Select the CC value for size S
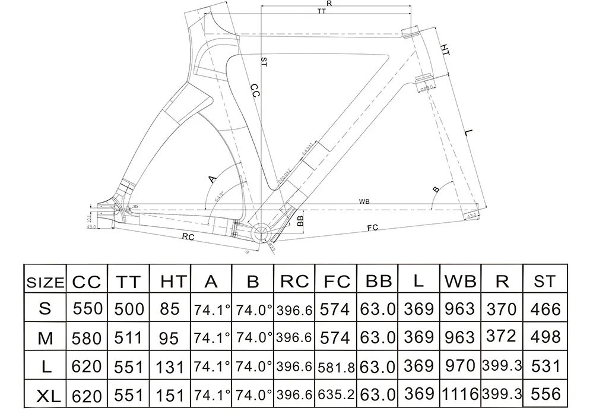(88, 309)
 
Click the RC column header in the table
(294, 281)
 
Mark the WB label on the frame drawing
(364, 201)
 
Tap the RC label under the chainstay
(188, 237)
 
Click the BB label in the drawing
(300, 221)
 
